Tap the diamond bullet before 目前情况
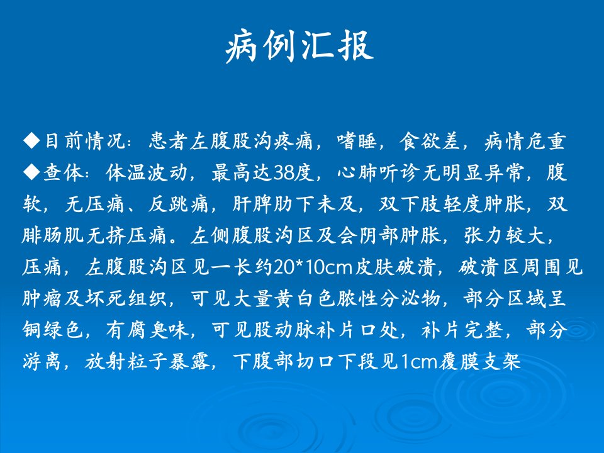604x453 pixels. coord(31,140)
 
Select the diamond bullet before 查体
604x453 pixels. coord(31,172)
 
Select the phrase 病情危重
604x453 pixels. coord(525,141)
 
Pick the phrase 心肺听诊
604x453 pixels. coord(378,172)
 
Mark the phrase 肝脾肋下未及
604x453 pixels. coord(295,204)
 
